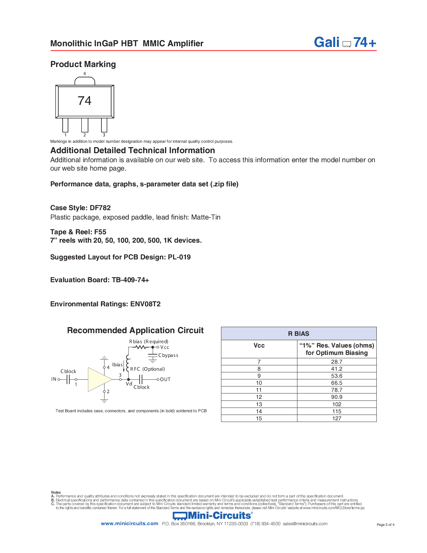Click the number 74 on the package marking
coord(84,101)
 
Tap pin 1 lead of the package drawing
coord(65,125)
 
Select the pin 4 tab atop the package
coord(85,81)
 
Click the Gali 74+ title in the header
coord(345,43)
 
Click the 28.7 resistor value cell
coord(337,362)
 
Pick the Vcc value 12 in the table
coord(259,397)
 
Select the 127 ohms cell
coord(337,418)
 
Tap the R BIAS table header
coord(298,333)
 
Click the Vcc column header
coord(259,346)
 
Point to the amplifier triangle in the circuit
coord(99,379)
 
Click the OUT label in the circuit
coord(165,379)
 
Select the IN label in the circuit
coord(54,379)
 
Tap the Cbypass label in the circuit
coord(168,355)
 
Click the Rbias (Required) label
coord(149,342)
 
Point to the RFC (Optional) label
coord(147,369)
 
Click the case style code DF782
coord(100,208)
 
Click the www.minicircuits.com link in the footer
coord(129,524)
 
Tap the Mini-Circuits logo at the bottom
coord(213,515)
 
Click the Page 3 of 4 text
coord(385,525)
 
